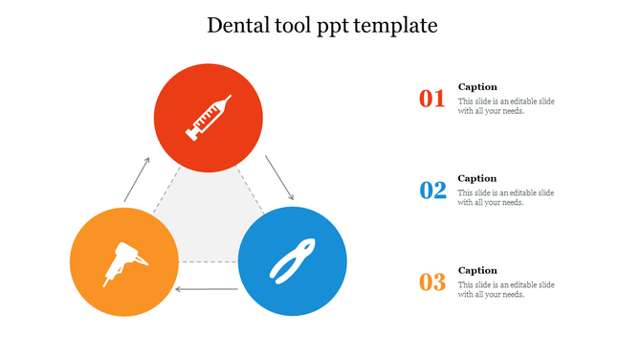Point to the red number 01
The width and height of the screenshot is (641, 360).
(432, 98)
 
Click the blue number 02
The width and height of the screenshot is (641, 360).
(433, 190)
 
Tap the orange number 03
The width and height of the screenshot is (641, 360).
(432, 282)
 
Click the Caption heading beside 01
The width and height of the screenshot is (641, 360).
(477, 86)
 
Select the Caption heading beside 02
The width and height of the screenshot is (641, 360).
(477, 178)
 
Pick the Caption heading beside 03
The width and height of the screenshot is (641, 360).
(477, 270)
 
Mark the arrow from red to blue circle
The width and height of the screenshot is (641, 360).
(278, 179)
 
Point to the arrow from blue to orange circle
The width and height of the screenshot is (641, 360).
(207, 288)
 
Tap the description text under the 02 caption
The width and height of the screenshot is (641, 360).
(505, 197)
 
